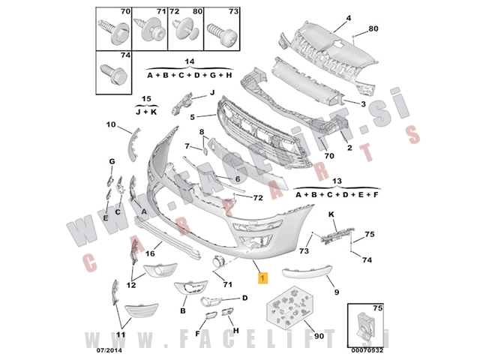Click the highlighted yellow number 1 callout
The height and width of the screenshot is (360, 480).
(262, 278)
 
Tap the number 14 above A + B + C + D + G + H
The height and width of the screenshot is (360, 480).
(190, 61)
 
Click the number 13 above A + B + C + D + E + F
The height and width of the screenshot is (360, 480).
(337, 181)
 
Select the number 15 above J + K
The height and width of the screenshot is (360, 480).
(147, 99)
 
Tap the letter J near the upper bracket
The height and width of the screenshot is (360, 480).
(211, 92)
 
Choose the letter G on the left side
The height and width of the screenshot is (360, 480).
(111, 162)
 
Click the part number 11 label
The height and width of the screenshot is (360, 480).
(122, 336)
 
